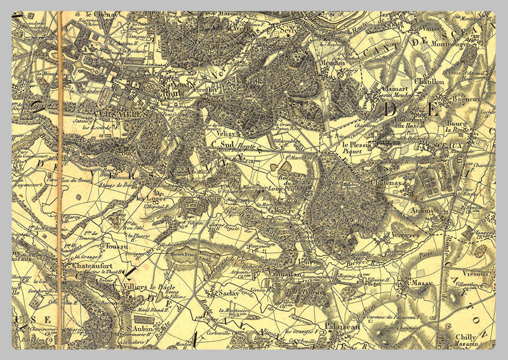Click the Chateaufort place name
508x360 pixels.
point(93,267)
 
